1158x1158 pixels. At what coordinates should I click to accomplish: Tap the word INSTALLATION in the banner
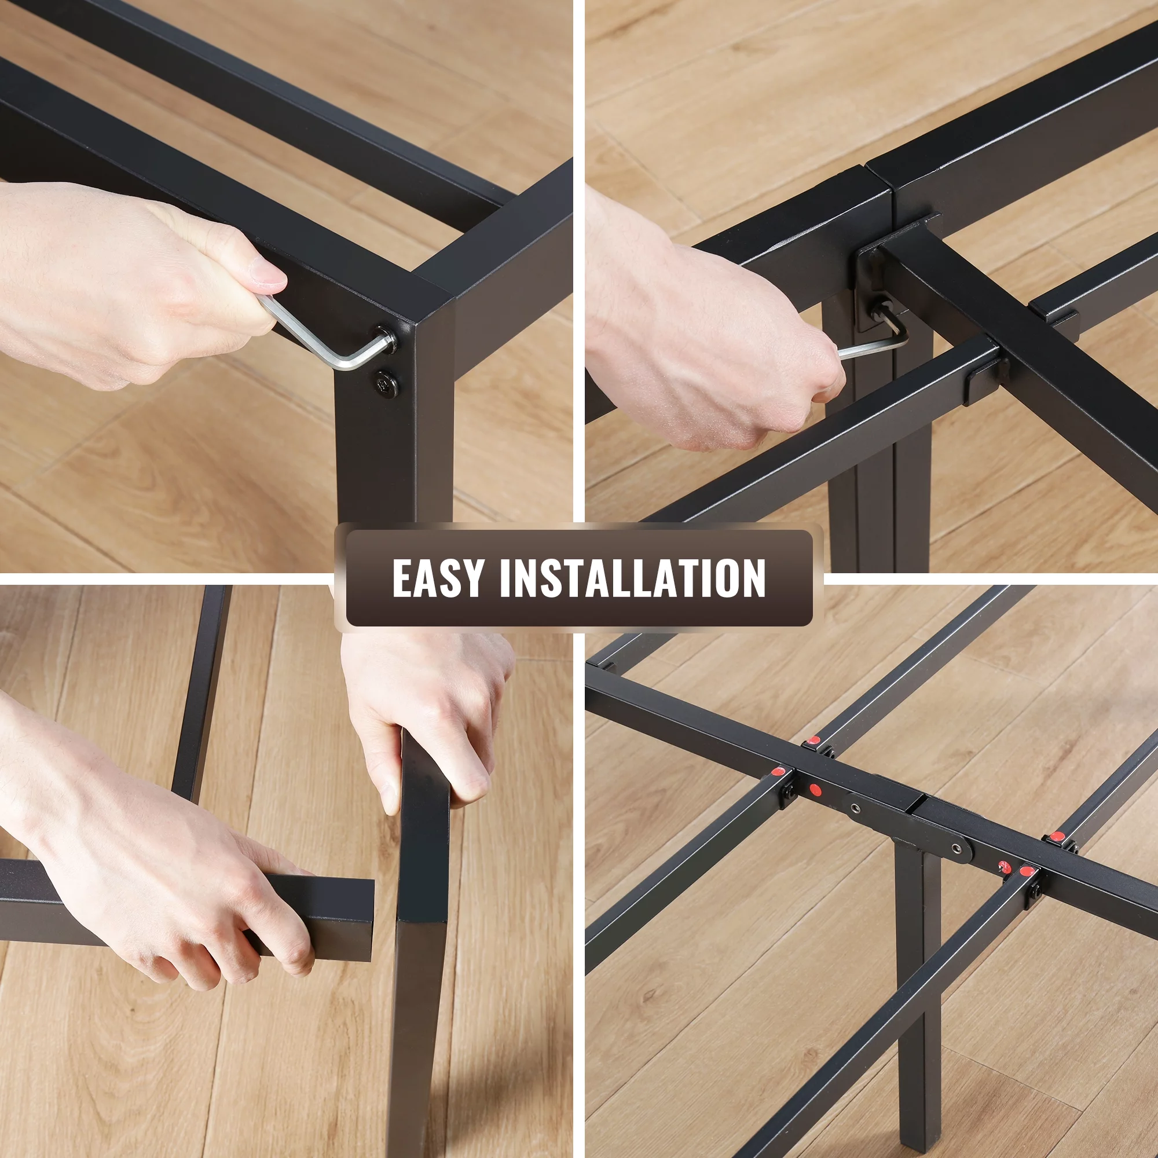pos(633,578)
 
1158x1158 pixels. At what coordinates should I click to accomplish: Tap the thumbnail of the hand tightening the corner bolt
pos(286,286)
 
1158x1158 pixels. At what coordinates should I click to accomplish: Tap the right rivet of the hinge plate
pos(957,848)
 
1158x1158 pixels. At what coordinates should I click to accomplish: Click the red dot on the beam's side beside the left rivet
pos(815,789)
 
